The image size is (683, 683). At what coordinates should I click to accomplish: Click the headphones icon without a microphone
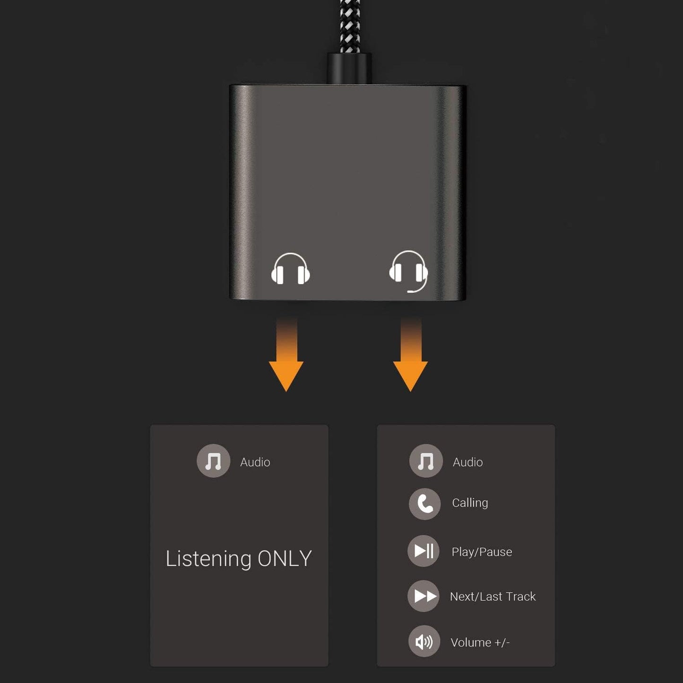pyautogui.click(x=290, y=269)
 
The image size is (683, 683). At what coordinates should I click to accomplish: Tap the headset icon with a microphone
pyautogui.click(x=408, y=270)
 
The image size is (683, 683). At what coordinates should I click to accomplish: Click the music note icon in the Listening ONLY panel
pyautogui.click(x=213, y=461)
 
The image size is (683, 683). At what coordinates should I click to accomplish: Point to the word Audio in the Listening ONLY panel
pyautogui.click(x=255, y=462)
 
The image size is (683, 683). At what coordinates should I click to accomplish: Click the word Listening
pyautogui.click(x=208, y=559)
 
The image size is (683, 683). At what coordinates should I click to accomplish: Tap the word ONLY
pyautogui.click(x=285, y=559)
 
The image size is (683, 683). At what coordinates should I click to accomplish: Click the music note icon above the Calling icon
pyautogui.click(x=426, y=461)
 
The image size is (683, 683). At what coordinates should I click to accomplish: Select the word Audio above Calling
pyautogui.click(x=467, y=462)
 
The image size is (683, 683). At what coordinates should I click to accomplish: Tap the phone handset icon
pyautogui.click(x=425, y=504)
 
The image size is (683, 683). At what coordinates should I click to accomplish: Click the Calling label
pyautogui.click(x=470, y=503)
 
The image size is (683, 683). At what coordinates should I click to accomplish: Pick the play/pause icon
pyautogui.click(x=424, y=551)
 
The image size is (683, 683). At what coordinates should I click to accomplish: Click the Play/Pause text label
pyautogui.click(x=482, y=552)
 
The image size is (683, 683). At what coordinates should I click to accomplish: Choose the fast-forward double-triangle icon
pyautogui.click(x=424, y=596)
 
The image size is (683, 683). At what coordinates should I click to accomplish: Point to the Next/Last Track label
pyautogui.click(x=493, y=597)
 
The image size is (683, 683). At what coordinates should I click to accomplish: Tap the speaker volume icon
pyautogui.click(x=424, y=641)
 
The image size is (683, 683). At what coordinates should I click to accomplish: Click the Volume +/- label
pyautogui.click(x=480, y=643)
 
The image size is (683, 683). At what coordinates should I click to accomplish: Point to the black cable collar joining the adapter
pyautogui.click(x=349, y=69)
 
